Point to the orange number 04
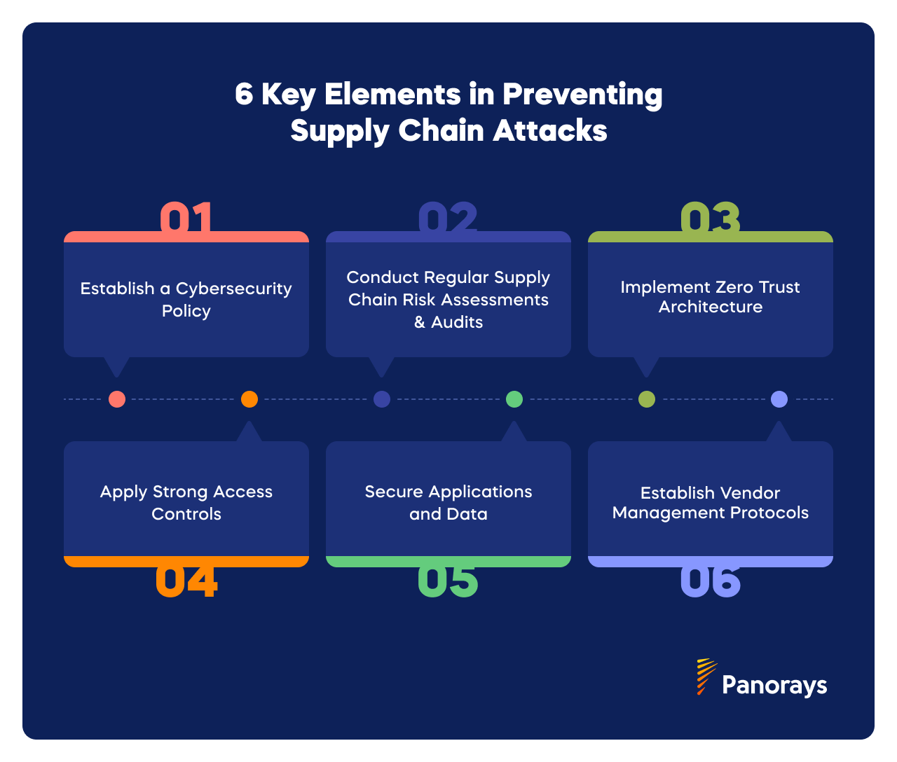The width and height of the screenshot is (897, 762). coord(186,581)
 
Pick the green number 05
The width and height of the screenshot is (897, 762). coord(448,581)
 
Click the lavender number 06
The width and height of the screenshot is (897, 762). coord(710,581)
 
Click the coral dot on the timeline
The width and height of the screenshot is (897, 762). coord(117,399)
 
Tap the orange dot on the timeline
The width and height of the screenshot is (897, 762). coord(249,399)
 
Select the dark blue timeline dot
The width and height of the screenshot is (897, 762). coord(382,399)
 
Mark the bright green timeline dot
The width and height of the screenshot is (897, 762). coord(514,399)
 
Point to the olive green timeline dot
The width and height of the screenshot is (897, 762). coord(647,399)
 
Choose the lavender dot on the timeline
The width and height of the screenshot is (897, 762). coord(779,399)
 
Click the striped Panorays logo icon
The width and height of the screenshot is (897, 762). coord(706,676)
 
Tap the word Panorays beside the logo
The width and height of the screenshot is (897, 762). coord(774,685)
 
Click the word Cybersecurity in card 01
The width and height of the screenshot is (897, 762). coord(233,289)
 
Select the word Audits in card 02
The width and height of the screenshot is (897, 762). coord(457,322)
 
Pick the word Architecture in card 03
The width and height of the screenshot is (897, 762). coord(710,307)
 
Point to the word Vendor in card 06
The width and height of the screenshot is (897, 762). coord(751,492)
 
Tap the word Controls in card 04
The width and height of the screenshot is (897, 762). coord(186,514)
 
